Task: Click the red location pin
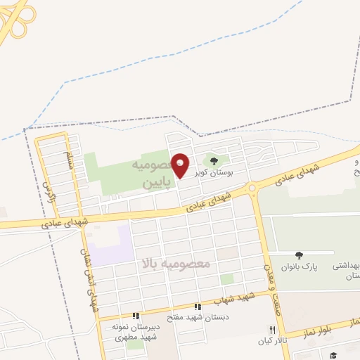click(x=180, y=165)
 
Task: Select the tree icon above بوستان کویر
click(x=214, y=161)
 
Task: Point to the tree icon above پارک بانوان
click(x=300, y=255)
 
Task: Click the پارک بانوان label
click(x=300, y=268)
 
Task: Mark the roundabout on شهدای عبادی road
click(x=251, y=188)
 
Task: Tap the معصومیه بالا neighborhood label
click(x=176, y=264)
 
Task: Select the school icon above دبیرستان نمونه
click(x=136, y=316)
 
